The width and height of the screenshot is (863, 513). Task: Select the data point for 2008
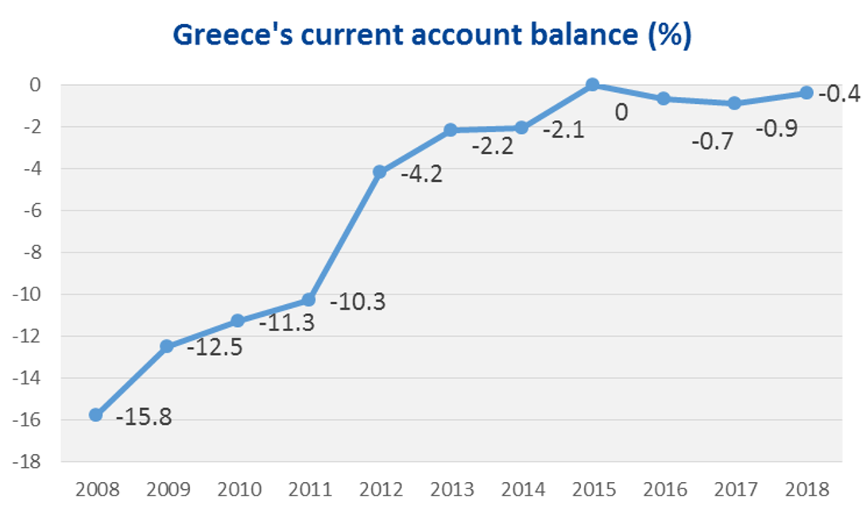[96, 415]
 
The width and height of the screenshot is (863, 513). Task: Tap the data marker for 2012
[380, 172]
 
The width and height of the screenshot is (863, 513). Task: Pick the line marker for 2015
[592, 84]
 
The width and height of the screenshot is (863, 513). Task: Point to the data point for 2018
[806, 93]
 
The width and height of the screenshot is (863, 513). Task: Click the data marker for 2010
[238, 321]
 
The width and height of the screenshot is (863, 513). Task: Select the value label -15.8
[144, 415]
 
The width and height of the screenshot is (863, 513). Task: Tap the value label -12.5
[214, 348]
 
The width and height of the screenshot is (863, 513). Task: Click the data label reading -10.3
[357, 302]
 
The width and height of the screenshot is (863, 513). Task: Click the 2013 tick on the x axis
[451, 488]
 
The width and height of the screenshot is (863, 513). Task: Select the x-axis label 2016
[664, 488]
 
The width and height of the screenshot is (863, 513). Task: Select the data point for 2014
[521, 127]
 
